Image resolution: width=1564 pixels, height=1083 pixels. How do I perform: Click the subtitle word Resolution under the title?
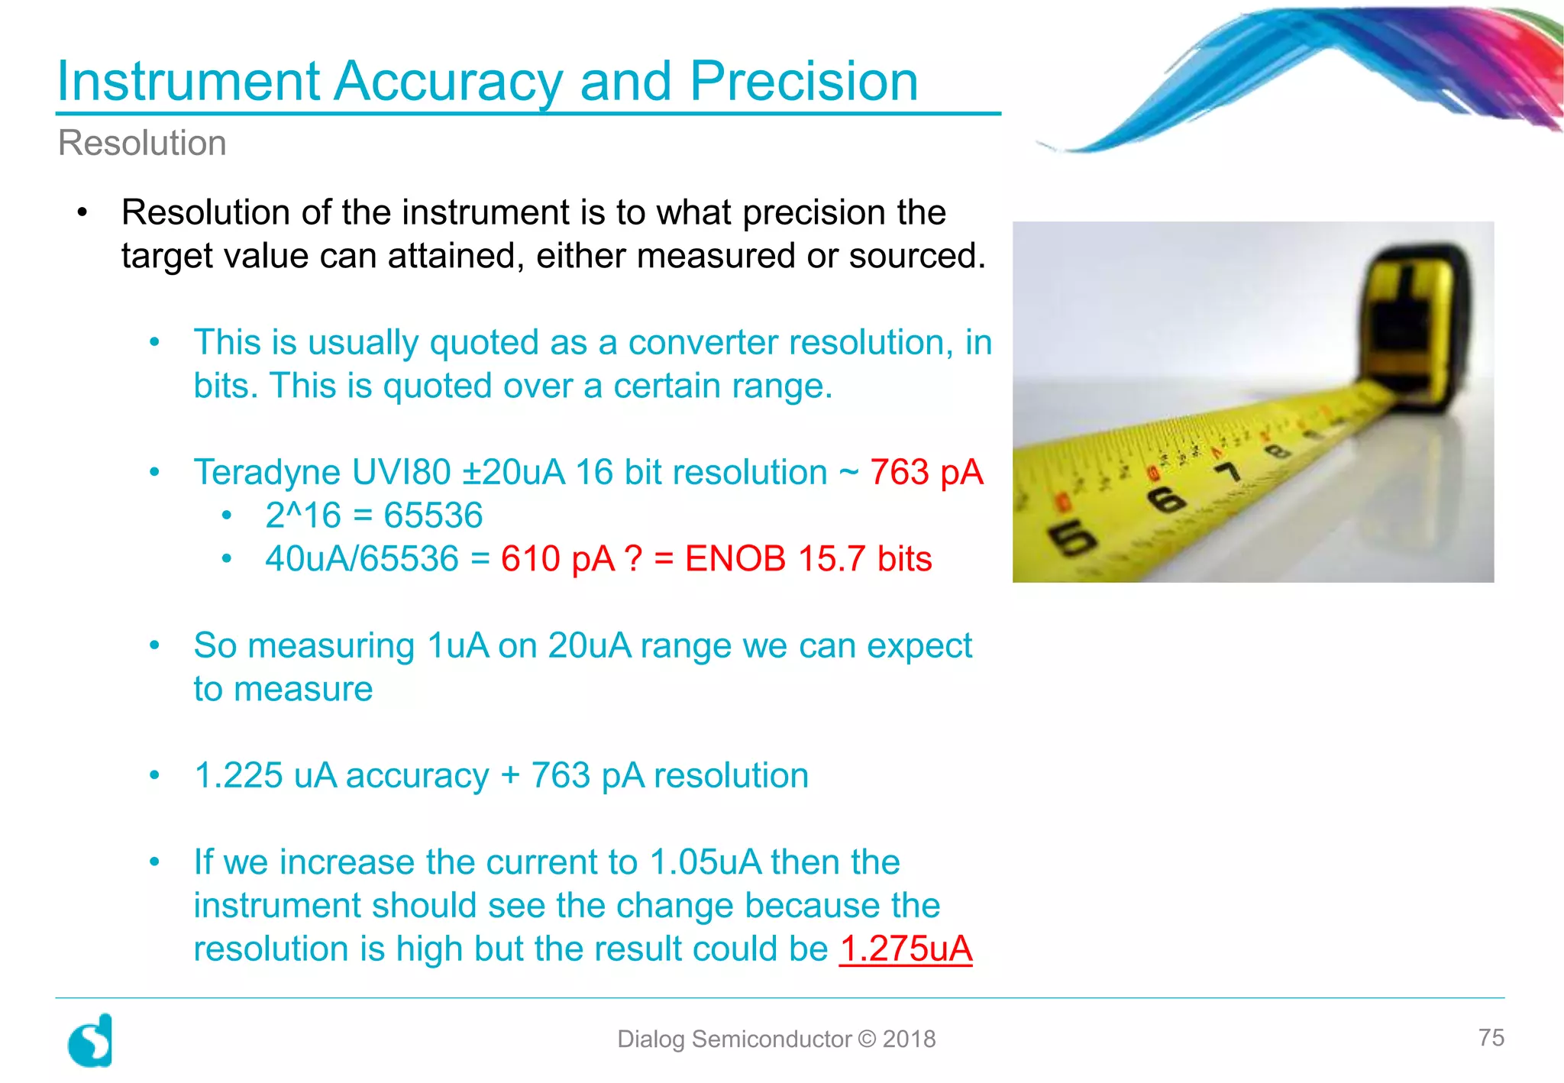click(142, 143)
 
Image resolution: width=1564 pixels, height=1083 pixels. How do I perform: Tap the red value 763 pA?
click(926, 472)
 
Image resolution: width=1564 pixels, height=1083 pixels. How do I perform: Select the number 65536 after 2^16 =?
click(433, 516)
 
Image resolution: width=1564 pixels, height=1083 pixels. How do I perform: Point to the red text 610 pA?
click(557, 559)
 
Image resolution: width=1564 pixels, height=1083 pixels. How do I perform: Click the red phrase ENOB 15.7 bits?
click(808, 559)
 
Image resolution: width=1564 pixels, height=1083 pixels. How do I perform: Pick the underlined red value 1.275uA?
click(906, 949)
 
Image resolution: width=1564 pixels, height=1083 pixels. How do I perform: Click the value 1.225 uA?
click(265, 776)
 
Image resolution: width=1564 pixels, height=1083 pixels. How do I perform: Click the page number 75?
click(1491, 1037)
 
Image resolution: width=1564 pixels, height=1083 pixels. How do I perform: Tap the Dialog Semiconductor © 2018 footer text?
click(776, 1039)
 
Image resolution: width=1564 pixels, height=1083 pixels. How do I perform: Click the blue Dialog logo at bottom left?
click(91, 1040)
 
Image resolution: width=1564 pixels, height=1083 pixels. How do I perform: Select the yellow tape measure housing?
click(1413, 328)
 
